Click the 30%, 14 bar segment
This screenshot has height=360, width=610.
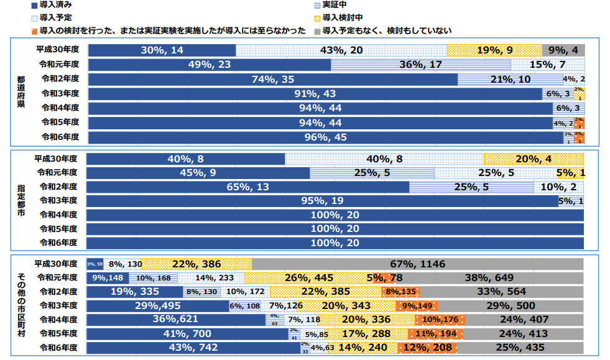point(162,50)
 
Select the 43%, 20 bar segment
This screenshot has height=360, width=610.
point(341,50)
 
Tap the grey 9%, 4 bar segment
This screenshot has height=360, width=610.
point(563,50)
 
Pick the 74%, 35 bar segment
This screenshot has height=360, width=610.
point(272,79)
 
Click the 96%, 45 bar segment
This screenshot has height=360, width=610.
point(325,137)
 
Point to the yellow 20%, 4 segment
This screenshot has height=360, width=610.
point(534,159)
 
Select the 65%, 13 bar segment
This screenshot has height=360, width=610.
point(247,187)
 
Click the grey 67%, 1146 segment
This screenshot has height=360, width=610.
point(418,264)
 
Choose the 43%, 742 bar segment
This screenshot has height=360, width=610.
point(193,348)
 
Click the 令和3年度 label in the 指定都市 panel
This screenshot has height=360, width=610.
point(58,200)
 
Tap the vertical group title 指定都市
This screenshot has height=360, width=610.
point(22,200)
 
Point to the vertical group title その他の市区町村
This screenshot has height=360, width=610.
point(22,305)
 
